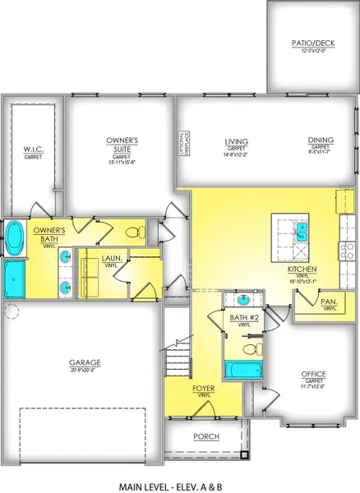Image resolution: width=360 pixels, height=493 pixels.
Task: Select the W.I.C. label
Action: coord(33,150)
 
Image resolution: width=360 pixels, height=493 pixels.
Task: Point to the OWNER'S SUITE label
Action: coord(122,145)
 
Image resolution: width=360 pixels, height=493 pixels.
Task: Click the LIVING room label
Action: coord(237,143)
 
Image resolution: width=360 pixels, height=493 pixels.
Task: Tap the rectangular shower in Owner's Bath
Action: coord(16,280)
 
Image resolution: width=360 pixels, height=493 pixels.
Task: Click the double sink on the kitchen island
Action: coord(301,235)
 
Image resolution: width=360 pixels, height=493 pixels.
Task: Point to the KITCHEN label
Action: coord(298,270)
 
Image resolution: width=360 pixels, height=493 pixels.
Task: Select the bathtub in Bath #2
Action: coord(240,371)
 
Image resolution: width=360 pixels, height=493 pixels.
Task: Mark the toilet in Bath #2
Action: coord(257,349)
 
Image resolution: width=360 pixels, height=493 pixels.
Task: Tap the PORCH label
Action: coord(205,436)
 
